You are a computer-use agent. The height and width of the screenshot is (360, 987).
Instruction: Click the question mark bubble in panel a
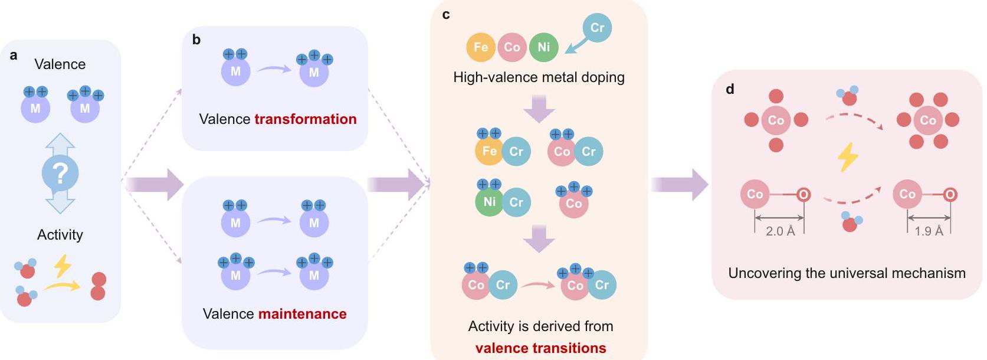60,174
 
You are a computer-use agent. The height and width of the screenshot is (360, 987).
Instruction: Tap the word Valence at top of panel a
60,64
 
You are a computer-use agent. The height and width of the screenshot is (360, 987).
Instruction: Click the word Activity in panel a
60,235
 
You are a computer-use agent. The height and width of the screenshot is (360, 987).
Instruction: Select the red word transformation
306,119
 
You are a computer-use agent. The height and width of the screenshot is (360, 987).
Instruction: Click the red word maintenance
303,314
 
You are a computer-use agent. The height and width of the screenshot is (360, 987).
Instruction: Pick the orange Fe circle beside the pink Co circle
481,47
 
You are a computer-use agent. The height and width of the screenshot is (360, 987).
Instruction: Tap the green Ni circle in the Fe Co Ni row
543,47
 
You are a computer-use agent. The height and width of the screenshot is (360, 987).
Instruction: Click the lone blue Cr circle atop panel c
597,28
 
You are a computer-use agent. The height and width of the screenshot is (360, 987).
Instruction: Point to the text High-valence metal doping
539,77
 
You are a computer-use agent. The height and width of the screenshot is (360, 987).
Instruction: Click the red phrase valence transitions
540,348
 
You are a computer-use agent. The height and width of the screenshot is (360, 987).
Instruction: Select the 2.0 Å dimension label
780,231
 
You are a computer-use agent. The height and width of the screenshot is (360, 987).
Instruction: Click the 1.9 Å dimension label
929,231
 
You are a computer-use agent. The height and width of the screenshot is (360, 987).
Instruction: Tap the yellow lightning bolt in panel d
848,157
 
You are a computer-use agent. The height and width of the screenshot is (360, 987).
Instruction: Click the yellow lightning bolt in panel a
63,266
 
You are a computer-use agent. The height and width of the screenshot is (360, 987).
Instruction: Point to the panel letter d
730,90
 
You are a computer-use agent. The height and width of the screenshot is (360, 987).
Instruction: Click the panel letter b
196,40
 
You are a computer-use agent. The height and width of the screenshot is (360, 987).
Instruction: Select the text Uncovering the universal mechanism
847,273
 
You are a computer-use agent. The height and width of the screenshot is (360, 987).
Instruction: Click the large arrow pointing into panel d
680,185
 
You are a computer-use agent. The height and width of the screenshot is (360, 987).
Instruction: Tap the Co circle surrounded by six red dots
927,120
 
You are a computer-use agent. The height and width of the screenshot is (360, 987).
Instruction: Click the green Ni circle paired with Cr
489,202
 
